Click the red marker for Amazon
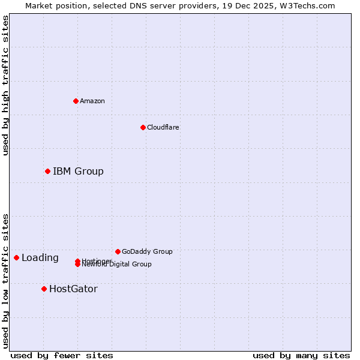pos(76,101)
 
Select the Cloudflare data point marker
pos(143,127)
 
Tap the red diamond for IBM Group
pos(47,172)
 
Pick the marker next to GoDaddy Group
pos(118,251)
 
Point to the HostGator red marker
pos(44,289)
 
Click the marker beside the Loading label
pos(16,258)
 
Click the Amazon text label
pos(92,101)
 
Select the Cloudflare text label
pos(163,127)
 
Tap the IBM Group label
pos(78,172)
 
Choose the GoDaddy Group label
pos(147,251)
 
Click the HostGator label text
pos(73,289)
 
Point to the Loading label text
pos(40,258)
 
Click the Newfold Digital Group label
pos(117,265)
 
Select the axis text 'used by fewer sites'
pos(62,355)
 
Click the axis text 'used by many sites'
pos(301,355)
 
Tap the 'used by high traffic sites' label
pos(5,85)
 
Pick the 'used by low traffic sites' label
pos(5,280)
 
